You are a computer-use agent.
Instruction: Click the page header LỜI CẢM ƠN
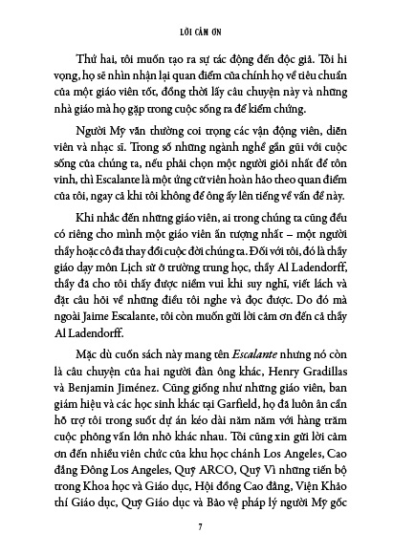point(196,18)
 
